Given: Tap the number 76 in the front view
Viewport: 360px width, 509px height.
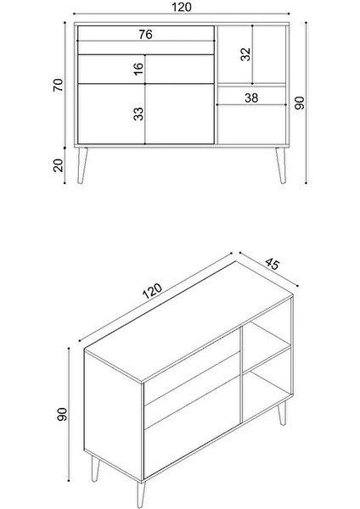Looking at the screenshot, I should pos(145,35).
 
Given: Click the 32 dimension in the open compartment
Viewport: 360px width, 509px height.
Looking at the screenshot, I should pos(245,54).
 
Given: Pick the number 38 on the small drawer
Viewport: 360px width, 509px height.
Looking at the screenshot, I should pos(251,98).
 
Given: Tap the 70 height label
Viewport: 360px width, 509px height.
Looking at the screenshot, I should pos(59,85).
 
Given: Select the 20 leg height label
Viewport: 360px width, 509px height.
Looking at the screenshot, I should pos(59,165).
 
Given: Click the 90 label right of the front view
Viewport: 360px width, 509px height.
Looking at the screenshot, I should pos(299,102).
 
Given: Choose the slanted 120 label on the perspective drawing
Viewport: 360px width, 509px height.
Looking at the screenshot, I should pos(153,293).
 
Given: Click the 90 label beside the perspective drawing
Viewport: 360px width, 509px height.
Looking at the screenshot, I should pos(60,416).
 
